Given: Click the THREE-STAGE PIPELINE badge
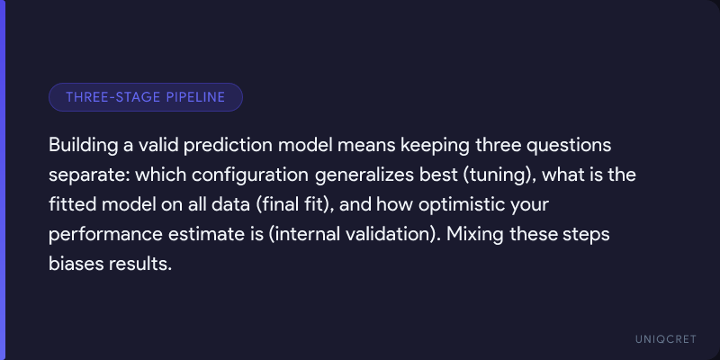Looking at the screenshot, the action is pos(146,97).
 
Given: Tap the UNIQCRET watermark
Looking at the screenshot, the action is pos(666,339).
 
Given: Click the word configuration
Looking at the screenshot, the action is pos(250,175).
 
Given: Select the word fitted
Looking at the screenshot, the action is pos(72,204).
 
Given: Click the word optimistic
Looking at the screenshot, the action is pos(461,205).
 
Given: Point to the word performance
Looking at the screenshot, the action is pos(106,235).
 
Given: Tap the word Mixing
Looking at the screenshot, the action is pos(476,235).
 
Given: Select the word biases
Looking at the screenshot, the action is pos(76,264).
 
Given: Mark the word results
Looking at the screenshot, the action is pos(140,264).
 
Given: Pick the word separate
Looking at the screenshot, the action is pos(89,175).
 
